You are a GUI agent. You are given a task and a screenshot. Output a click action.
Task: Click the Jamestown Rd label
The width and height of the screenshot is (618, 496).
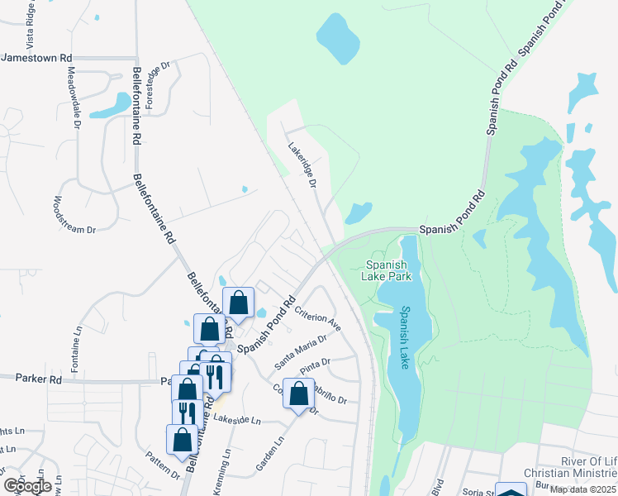tap(37, 58)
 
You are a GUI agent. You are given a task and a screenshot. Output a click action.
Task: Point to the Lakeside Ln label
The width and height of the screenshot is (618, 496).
tap(237, 420)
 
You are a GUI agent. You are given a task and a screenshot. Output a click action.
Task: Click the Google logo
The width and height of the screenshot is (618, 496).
tap(28, 486)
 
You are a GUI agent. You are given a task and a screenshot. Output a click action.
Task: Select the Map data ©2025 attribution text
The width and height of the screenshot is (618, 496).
tap(583, 490)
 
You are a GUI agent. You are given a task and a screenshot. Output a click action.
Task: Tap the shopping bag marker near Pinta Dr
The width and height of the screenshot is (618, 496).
tap(298, 393)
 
